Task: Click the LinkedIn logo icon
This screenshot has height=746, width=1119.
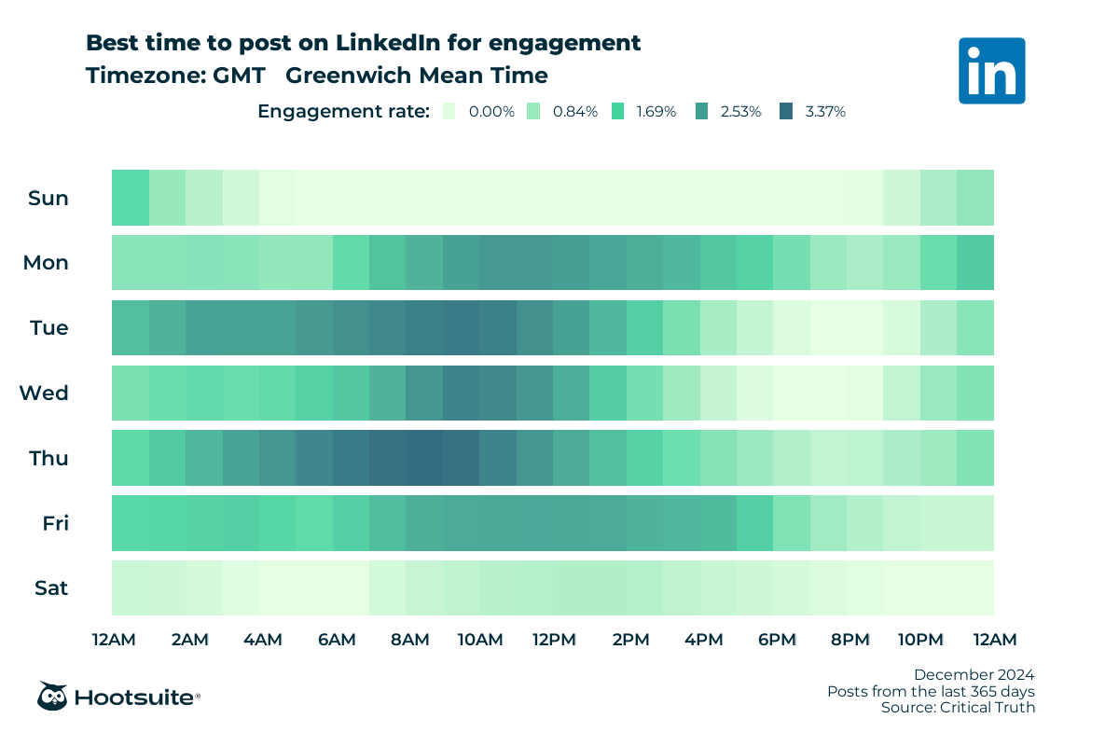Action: (991, 70)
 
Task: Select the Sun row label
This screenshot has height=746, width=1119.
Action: (48, 198)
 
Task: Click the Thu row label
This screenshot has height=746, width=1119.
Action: (48, 458)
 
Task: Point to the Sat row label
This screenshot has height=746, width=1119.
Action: (51, 588)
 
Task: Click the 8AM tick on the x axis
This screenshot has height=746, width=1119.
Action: (409, 640)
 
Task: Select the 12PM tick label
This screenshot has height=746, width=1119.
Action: (554, 640)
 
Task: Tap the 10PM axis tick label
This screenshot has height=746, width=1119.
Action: (921, 640)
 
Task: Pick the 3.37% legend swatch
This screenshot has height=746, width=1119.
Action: (786, 111)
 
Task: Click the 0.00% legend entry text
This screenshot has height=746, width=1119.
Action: (491, 111)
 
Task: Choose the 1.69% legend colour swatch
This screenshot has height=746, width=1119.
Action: (617, 111)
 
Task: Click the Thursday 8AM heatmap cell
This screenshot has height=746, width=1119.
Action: (423, 458)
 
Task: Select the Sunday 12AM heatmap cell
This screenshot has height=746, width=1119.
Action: (131, 198)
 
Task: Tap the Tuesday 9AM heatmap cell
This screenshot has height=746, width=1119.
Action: (461, 327)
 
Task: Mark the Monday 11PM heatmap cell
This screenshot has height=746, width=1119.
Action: (974, 263)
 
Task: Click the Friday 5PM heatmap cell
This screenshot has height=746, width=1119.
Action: (754, 523)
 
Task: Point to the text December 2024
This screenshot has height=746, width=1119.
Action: (974, 674)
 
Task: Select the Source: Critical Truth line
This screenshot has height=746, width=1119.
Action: (958, 708)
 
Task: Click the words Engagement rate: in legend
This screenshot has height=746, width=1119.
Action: (343, 111)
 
